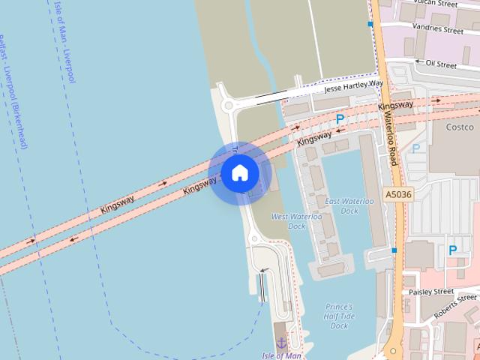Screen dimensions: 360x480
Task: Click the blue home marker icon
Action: pos(239,173)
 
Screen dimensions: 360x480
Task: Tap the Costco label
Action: pos(460,127)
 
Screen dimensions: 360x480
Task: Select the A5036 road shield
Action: pos(398,194)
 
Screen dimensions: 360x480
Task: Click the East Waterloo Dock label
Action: pos(349,206)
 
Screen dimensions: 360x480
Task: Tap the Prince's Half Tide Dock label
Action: pos(339,316)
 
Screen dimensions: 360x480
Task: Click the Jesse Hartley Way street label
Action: pos(353,87)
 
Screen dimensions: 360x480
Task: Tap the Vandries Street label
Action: pos(439,30)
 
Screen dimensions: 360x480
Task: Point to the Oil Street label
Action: pos(441,64)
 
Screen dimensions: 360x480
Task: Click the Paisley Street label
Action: pos(431,291)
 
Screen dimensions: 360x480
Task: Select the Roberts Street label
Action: pos(454,304)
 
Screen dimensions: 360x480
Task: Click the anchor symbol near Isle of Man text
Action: pos(282,343)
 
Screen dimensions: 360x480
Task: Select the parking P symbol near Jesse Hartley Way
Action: pos(340,119)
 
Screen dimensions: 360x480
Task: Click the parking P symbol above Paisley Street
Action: pos(452,250)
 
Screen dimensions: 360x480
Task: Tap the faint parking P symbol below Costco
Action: pos(415,148)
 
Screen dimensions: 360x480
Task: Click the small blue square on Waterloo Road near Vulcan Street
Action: pos(370,24)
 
